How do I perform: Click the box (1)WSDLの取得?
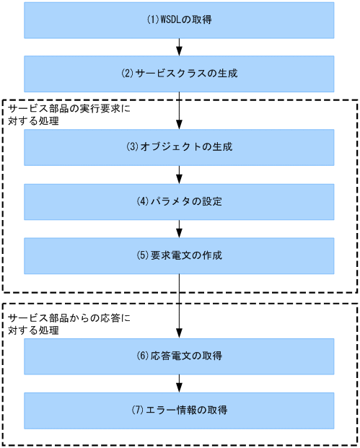179,20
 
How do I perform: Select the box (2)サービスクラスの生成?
179,74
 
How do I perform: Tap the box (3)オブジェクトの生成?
179,147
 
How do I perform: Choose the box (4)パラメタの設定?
179,202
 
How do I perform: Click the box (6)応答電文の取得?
179,356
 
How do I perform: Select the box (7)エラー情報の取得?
179,410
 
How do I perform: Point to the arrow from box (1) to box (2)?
179,47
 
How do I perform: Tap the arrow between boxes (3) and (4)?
179,175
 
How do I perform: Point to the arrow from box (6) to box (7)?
179,383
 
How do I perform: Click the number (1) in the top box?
152,20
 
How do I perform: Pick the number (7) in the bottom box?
139,410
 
